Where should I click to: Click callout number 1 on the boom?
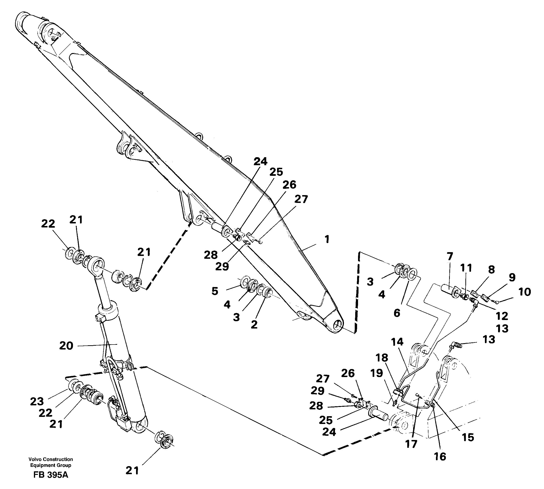[327, 239]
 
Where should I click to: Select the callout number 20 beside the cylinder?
[66, 346]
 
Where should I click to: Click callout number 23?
[37, 401]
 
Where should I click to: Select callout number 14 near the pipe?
[397, 342]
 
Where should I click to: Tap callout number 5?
[215, 291]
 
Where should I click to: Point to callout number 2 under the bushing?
[254, 324]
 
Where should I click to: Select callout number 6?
[397, 313]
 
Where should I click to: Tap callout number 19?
[377, 373]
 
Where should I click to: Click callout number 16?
[440, 456]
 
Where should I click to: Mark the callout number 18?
[382, 358]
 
